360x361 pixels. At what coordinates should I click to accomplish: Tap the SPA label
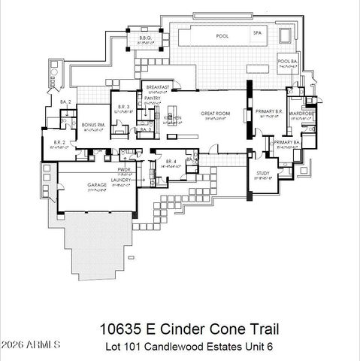point(256,34)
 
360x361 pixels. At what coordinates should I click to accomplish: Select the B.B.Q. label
point(146,38)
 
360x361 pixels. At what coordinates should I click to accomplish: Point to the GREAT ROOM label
point(213,114)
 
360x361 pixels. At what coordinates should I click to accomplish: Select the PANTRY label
point(153,96)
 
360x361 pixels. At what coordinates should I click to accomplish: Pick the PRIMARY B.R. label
point(268,111)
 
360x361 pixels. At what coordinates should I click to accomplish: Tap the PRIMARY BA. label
point(286,142)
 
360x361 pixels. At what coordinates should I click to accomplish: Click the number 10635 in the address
point(119,329)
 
